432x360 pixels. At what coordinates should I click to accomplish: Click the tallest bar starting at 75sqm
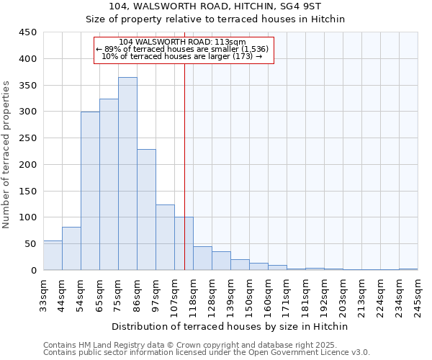tap(127, 174)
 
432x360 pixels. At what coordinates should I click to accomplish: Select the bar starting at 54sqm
tap(90, 191)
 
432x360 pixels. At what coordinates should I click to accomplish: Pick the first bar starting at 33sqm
tap(53, 256)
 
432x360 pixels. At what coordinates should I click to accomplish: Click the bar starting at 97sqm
tap(165, 238)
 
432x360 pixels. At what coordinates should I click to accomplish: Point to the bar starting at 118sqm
tap(202, 258)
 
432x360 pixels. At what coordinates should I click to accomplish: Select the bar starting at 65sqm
tap(109, 184)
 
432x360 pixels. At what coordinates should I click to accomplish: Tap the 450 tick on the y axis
tap(28, 32)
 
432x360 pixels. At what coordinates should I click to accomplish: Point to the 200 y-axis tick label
tap(28, 165)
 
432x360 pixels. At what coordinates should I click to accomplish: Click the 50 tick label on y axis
tap(31, 244)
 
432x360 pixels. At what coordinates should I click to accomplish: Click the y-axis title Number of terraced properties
tap(7, 155)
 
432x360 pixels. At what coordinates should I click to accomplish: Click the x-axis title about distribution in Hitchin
tap(230, 326)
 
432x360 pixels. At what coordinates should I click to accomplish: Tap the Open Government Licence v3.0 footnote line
tap(207, 353)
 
